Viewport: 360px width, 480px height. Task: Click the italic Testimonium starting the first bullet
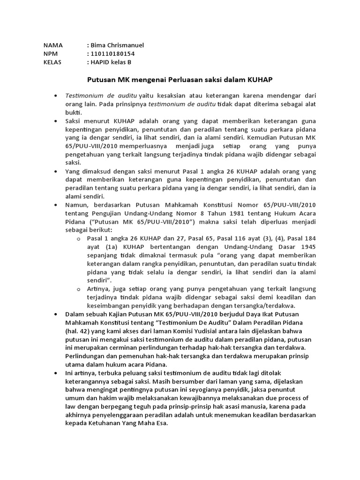(x=83, y=96)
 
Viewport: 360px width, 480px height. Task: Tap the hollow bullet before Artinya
(x=79, y=288)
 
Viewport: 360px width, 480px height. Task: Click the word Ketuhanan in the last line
(x=104, y=423)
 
